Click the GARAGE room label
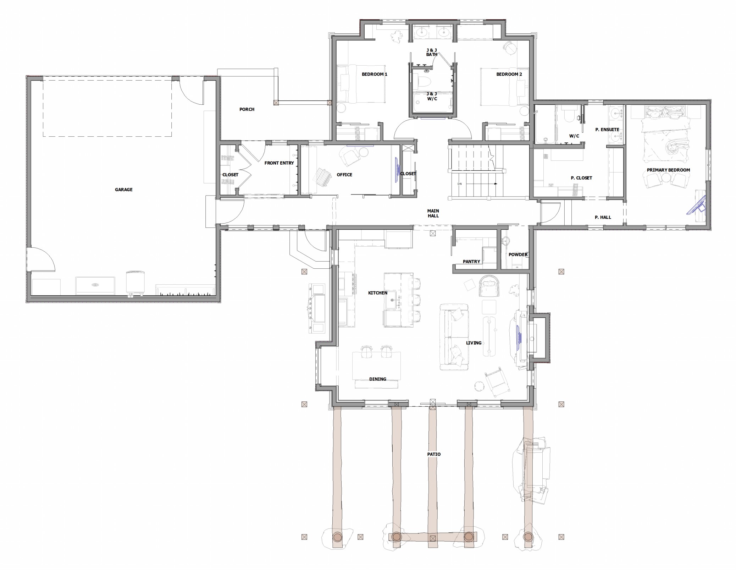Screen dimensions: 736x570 pyautogui.click(x=123, y=190)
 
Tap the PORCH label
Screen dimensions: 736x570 pyautogui.click(x=247, y=109)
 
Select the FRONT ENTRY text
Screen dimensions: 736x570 pyautogui.click(x=279, y=163)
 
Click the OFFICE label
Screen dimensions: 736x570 pyautogui.click(x=344, y=175)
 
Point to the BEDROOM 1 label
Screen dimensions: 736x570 pyautogui.click(x=375, y=74)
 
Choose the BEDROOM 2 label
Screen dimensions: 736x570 pyautogui.click(x=509, y=74)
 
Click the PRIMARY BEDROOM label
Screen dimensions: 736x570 pyautogui.click(x=668, y=170)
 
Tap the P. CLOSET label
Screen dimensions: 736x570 pyautogui.click(x=581, y=178)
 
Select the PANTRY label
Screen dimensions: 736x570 pyautogui.click(x=471, y=262)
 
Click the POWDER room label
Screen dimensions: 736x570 pyautogui.click(x=518, y=254)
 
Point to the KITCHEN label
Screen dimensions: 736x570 pyautogui.click(x=378, y=293)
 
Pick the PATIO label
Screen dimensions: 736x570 pyautogui.click(x=434, y=454)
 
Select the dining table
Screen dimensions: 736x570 pyautogui.click(x=377, y=366)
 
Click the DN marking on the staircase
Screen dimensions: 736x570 pyautogui.click(x=460, y=184)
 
